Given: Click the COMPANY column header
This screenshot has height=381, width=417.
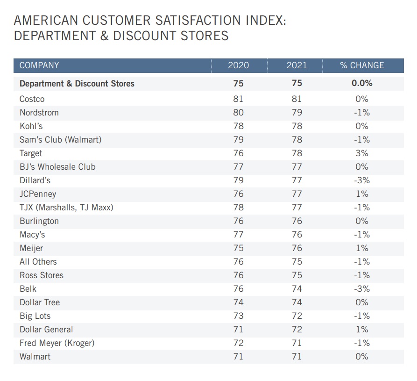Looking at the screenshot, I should (x=39, y=65).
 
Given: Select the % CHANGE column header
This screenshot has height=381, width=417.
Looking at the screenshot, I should (x=362, y=65).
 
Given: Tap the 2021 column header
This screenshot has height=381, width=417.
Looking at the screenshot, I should (x=297, y=65).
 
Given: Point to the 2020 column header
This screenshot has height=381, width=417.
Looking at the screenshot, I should (x=238, y=65).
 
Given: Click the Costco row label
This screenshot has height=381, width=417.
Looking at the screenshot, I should (x=32, y=99).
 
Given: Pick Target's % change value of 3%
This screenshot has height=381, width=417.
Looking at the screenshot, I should (x=362, y=153).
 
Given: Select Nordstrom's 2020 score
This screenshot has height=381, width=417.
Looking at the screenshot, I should (x=238, y=113).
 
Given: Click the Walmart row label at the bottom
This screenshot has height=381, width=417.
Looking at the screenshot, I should (x=35, y=357).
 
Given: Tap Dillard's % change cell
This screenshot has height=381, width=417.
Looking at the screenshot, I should (x=362, y=180).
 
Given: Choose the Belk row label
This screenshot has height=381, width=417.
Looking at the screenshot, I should (x=28, y=289).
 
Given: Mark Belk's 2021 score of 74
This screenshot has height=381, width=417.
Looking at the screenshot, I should (x=297, y=289).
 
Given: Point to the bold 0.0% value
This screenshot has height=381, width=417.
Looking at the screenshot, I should (x=362, y=84).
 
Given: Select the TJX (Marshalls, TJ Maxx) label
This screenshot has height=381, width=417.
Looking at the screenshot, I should (x=66, y=208).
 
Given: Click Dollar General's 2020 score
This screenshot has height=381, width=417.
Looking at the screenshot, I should (x=238, y=330).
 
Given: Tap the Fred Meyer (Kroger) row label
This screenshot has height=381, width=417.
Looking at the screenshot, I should (x=57, y=343).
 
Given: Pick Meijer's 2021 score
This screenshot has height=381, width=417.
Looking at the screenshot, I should (x=297, y=248).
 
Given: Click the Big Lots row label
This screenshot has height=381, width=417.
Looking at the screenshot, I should (x=35, y=316).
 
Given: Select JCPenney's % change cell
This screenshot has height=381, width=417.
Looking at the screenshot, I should (x=362, y=194).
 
